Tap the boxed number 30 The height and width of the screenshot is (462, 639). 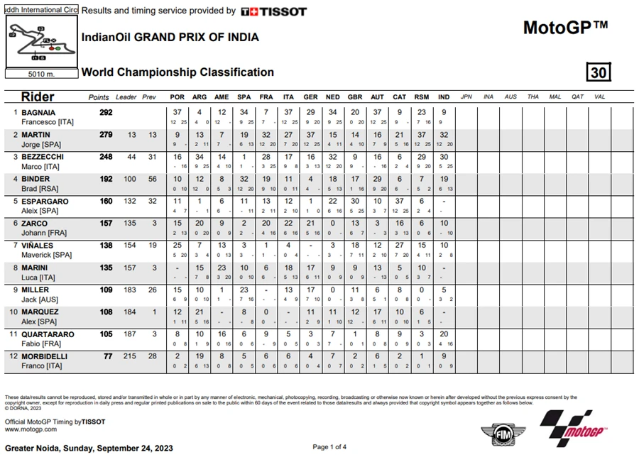pos(599,72)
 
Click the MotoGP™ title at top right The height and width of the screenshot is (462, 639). pos(565,28)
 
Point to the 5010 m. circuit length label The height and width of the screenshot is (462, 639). pos(41,74)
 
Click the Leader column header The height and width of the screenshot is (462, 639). pos(126,97)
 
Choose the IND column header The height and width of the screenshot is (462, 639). pos(444,97)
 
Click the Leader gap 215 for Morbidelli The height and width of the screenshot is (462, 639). pos(129,356)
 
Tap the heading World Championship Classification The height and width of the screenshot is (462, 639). pos(177,72)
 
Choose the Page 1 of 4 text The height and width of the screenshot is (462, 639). pos(329,446)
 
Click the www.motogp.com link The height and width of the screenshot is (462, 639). pos(31,429)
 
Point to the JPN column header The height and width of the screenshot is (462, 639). pos(466,97)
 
